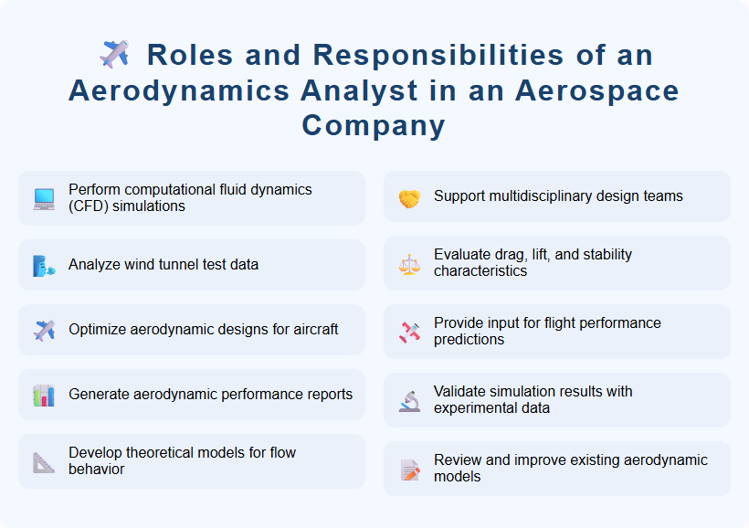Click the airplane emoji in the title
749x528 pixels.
click(114, 55)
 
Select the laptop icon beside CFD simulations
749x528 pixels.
click(44, 198)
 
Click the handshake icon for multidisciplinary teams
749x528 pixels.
click(409, 197)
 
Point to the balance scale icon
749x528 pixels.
click(409, 264)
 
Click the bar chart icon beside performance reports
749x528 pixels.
click(44, 396)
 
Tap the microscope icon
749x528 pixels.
click(409, 401)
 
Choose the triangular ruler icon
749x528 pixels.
click(44, 462)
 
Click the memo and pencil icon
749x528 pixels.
click(409, 470)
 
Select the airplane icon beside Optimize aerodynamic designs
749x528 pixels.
click(44, 330)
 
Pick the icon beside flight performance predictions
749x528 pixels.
click(409, 333)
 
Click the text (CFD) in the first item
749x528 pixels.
click(88, 206)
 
